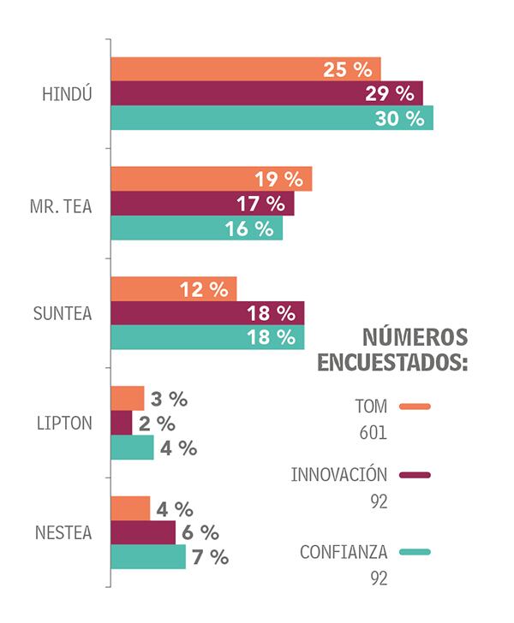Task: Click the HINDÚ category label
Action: (67, 94)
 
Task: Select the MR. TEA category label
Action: (65, 205)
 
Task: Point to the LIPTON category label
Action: (65, 424)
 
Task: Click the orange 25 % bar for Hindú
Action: (214, 69)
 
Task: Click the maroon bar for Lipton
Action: (122, 423)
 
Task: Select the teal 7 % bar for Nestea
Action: (147, 557)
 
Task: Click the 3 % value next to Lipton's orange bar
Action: (169, 399)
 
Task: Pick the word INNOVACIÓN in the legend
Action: (339, 475)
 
